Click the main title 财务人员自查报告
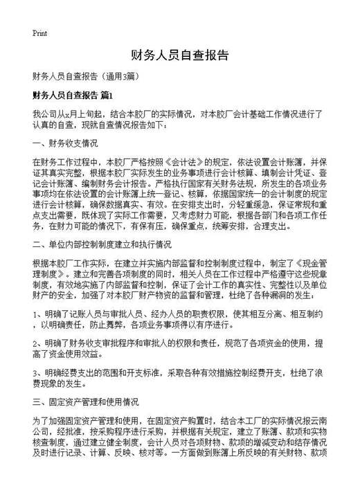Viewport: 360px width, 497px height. [179, 55]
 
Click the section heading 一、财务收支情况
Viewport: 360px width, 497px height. [65, 144]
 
